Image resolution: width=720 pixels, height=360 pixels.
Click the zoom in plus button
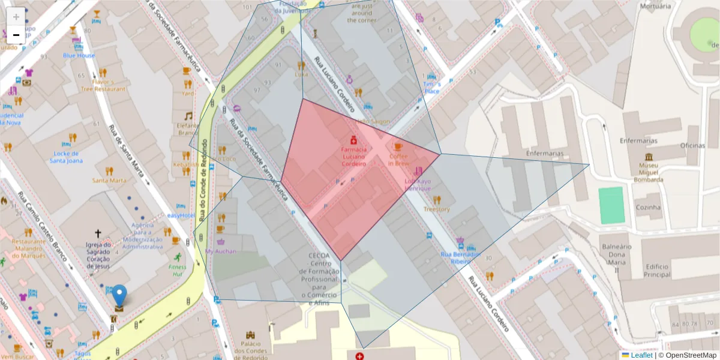(x=16, y=17)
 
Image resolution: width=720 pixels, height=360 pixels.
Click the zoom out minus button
(x=16, y=35)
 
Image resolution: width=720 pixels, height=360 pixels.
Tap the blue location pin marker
(x=120, y=296)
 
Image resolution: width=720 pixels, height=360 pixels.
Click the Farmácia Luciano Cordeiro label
(x=354, y=156)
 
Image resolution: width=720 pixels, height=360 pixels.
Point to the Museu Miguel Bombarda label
(x=647, y=172)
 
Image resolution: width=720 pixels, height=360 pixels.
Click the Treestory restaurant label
(x=436, y=209)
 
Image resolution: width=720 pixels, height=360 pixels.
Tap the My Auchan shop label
(x=220, y=251)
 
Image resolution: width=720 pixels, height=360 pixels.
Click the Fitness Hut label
(x=177, y=270)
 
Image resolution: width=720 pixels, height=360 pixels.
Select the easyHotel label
(x=181, y=215)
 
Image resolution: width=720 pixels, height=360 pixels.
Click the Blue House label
(x=79, y=55)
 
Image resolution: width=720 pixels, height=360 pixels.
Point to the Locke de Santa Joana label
(x=66, y=157)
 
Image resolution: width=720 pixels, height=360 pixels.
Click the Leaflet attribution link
(x=641, y=355)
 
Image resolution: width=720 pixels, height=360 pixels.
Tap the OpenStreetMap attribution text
(x=690, y=355)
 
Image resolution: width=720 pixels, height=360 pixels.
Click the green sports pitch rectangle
(x=612, y=205)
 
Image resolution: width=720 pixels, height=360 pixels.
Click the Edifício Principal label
(x=658, y=271)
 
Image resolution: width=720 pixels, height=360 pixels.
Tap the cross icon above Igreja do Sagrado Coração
(x=98, y=233)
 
